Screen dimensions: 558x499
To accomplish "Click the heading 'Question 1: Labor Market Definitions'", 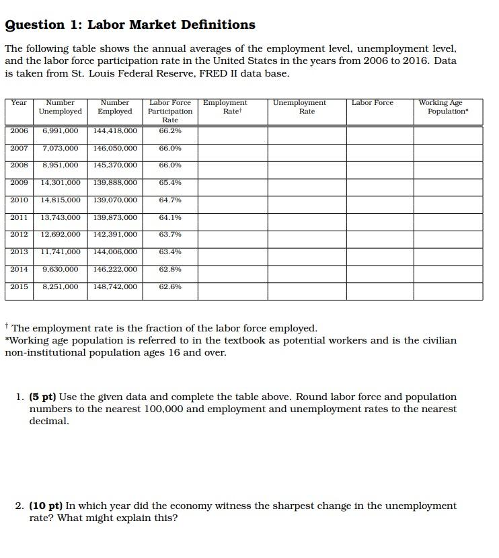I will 130,25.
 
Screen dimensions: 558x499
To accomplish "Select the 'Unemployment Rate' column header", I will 307,107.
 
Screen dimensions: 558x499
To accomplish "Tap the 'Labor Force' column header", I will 373,102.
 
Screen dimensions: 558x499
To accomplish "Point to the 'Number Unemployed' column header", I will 60,107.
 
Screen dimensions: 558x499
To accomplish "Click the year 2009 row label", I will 20,182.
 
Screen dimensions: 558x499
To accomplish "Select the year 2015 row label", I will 20,286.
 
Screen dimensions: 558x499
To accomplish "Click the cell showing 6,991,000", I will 60,130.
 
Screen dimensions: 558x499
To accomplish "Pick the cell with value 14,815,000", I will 61,200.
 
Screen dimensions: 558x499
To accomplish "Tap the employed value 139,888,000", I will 115,182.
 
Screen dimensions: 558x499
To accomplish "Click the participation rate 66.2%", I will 170,130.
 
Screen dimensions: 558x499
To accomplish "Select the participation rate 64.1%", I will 170,217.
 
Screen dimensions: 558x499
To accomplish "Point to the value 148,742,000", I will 115,286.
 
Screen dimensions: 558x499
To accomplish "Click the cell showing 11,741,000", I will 61,251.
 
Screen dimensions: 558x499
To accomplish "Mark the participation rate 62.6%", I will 170,286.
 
